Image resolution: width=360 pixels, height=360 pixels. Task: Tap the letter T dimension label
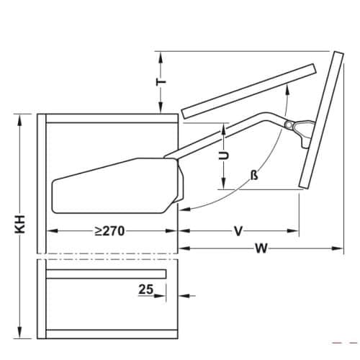click(x=162, y=82)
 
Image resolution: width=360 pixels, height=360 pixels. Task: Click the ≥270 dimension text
click(x=110, y=231)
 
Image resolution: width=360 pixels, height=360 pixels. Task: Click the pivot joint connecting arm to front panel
click(x=289, y=126)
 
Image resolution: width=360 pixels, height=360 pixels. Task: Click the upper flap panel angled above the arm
click(x=248, y=89)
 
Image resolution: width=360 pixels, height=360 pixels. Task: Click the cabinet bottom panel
click(x=112, y=332)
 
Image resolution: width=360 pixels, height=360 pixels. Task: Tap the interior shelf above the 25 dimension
click(x=107, y=273)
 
